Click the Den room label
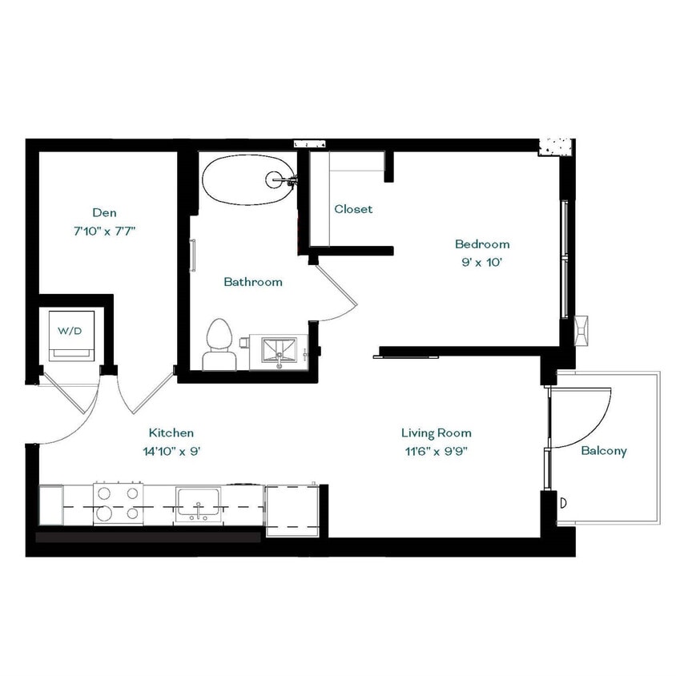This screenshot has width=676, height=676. coord(104,212)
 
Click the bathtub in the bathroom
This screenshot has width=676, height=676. coord(246,179)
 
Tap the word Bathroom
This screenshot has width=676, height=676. coord(252,282)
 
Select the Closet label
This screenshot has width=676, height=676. coord(353,209)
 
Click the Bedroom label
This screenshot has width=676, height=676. coord(481,244)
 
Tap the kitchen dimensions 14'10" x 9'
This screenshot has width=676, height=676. coord(171,451)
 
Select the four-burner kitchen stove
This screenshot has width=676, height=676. coord(117,504)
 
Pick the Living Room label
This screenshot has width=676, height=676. coord(437,433)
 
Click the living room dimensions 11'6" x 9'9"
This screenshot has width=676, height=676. coord(437,451)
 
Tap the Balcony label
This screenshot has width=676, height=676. coord(604,451)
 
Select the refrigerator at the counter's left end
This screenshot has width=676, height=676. coord(50,505)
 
